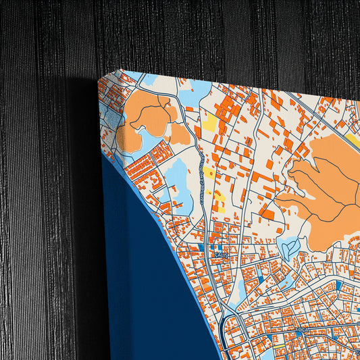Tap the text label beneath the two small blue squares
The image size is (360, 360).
point(220,255)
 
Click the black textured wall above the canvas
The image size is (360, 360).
point(203,34)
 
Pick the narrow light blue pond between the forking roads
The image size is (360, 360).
point(241,290)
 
